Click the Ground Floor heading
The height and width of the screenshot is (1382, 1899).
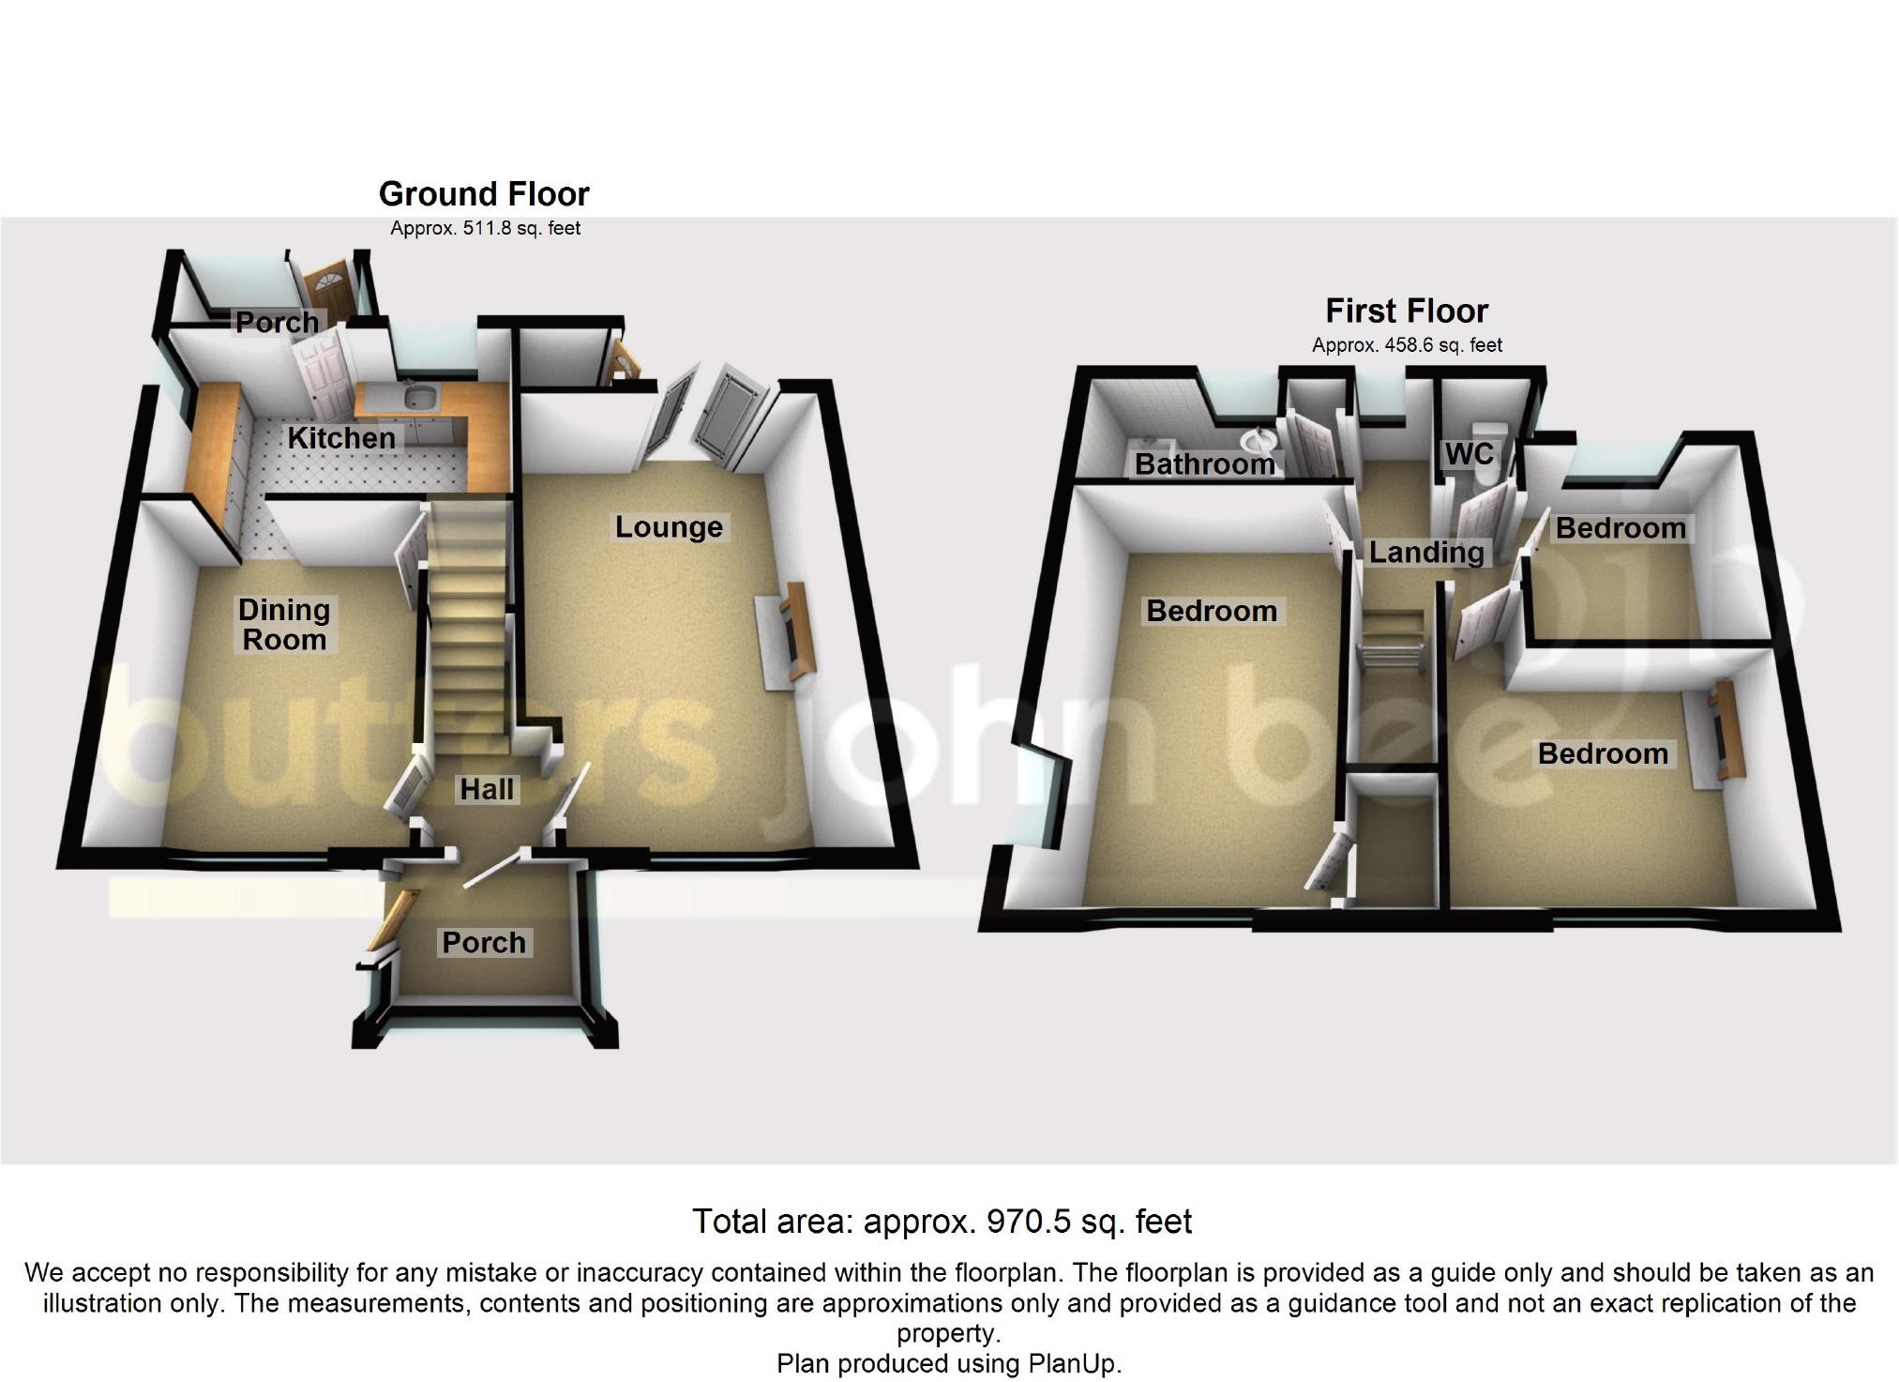click(484, 194)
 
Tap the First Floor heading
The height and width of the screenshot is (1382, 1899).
click(1406, 311)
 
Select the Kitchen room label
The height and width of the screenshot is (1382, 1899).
click(341, 438)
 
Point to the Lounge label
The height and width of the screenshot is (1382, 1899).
click(669, 527)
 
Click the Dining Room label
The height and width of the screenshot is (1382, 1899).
click(284, 625)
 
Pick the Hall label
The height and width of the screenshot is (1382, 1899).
click(487, 789)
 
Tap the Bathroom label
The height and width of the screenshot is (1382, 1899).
click(1205, 463)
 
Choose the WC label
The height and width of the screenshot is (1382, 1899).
click(1469, 454)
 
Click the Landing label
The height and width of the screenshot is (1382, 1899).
click(1426, 552)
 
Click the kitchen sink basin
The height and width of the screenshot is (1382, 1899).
click(421, 397)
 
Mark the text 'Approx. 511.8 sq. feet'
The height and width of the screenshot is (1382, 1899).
click(485, 228)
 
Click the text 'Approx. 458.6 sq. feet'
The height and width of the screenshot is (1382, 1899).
click(1407, 345)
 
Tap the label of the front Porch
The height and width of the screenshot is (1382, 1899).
click(484, 942)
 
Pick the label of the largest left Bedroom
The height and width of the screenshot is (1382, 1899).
click(1212, 611)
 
